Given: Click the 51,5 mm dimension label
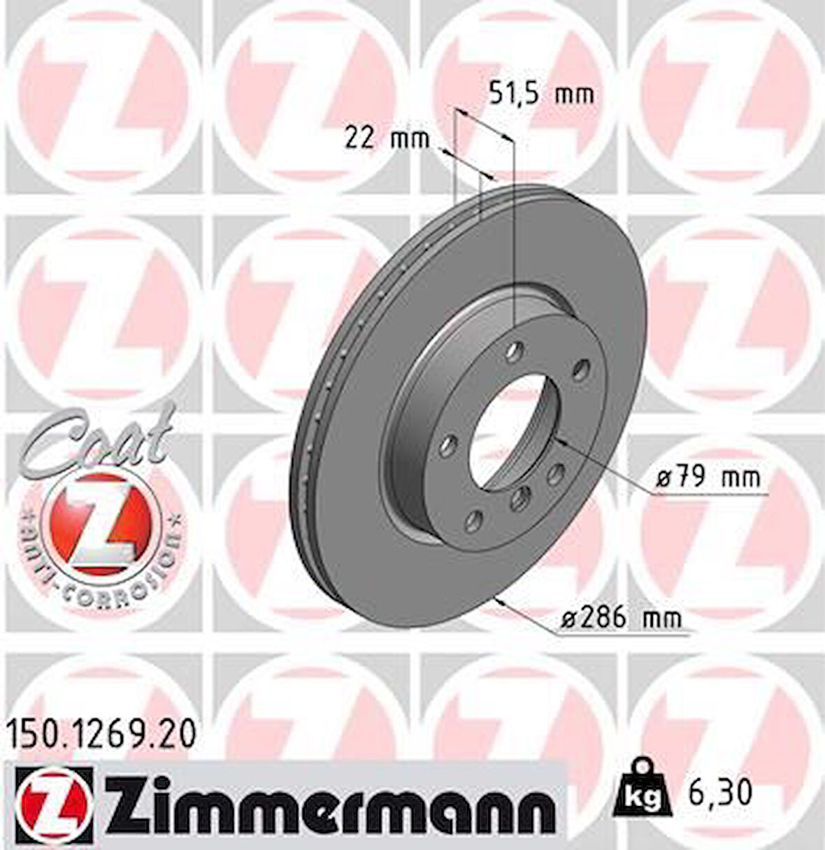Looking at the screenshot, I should coord(540,93).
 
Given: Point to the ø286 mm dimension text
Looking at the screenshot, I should coord(621,617).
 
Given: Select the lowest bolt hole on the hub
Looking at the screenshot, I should coord(474,519).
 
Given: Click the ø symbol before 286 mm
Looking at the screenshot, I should coord(568,618).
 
